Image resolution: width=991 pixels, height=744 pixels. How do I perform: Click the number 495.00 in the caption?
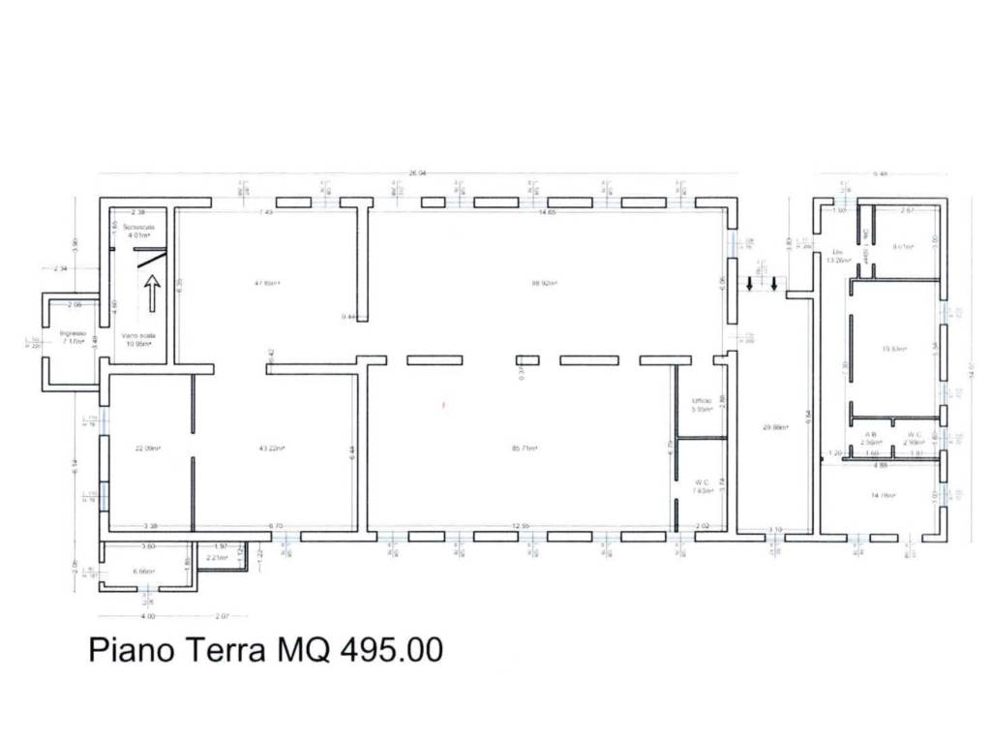point(391,649)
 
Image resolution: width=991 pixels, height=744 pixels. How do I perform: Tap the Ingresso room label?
point(74,333)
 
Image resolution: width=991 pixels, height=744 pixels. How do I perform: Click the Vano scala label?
point(138,335)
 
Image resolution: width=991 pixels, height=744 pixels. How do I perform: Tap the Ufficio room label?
point(701,400)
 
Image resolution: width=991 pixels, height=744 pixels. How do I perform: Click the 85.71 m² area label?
point(526,448)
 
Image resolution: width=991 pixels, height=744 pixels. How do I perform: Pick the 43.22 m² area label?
point(272,448)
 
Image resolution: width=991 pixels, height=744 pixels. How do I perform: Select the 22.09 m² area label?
point(148,448)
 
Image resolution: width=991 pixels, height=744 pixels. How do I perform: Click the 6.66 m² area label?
point(143,572)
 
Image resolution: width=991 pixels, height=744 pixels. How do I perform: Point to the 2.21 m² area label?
point(216,558)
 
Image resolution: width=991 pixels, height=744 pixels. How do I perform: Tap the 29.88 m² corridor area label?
point(774,426)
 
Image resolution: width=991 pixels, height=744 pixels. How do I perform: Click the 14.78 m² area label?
point(883,495)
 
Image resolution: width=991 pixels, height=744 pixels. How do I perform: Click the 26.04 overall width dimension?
point(417,174)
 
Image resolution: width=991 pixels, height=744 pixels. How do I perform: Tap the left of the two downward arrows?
point(749,284)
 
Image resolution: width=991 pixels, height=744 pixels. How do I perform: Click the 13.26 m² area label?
point(837,260)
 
